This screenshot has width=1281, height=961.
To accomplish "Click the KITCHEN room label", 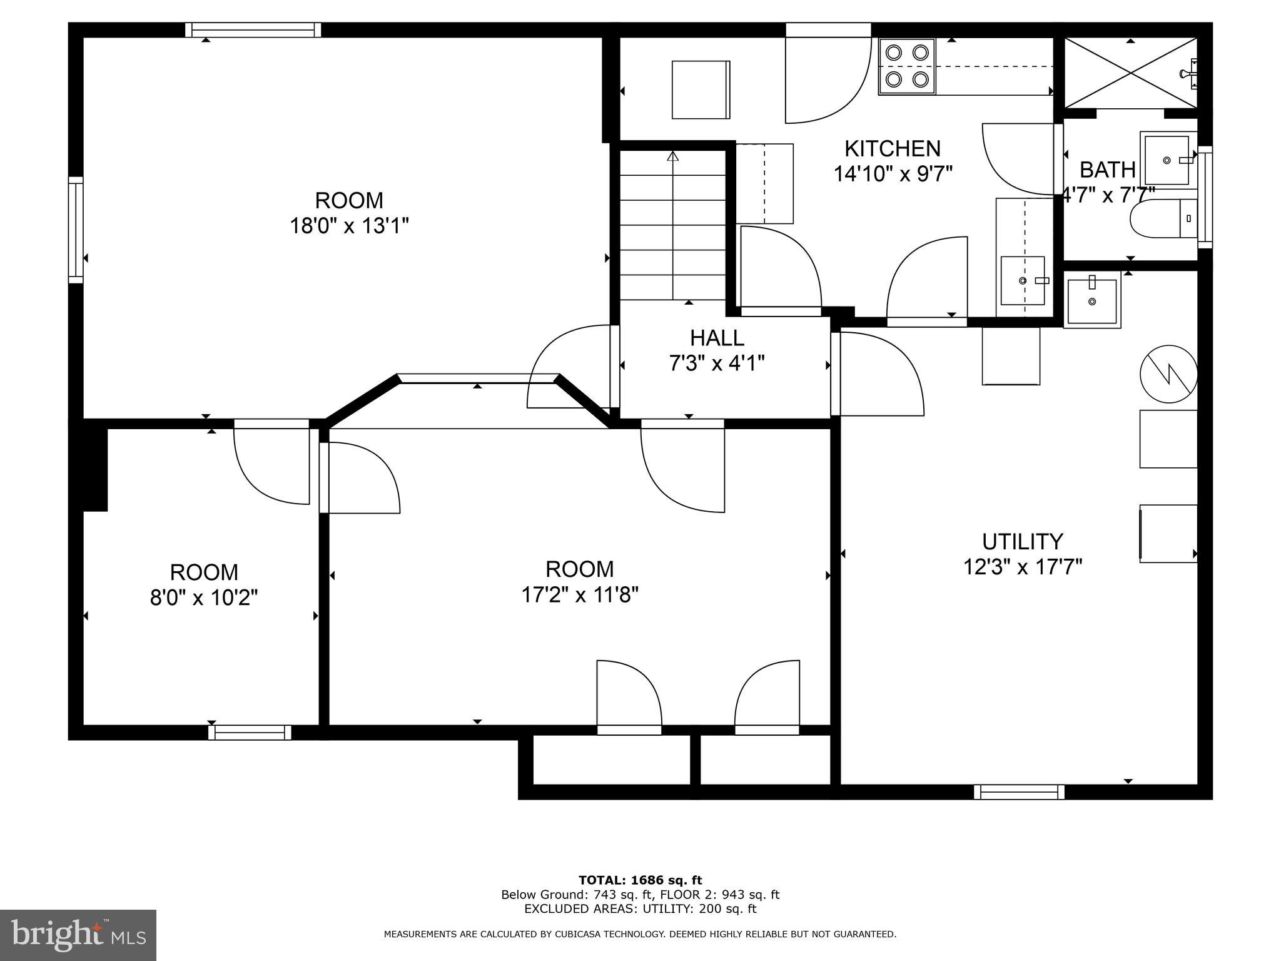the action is pyautogui.click(x=893, y=149).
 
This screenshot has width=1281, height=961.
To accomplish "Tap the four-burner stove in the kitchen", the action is pyautogui.click(x=907, y=66).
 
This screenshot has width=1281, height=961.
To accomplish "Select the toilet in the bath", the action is pyautogui.click(x=1164, y=218).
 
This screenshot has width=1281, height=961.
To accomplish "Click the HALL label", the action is pyautogui.click(x=717, y=338).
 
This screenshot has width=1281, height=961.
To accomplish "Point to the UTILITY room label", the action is pyautogui.click(x=1023, y=541).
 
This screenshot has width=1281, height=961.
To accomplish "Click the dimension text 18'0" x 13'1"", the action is pyautogui.click(x=349, y=225).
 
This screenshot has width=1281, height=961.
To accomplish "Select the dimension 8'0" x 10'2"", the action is pyautogui.click(x=204, y=597).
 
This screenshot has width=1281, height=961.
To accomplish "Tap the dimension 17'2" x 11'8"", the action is pyautogui.click(x=580, y=594).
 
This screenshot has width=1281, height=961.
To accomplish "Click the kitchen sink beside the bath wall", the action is pyautogui.click(x=1023, y=280).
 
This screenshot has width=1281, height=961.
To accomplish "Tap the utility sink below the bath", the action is pyautogui.click(x=1092, y=302).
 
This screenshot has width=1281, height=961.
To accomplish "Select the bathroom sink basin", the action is pyautogui.click(x=1167, y=160).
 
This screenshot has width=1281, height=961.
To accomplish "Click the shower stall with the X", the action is pyautogui.click(x=1130, y=73).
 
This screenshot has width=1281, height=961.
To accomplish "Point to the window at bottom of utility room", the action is pyautogui.click(x=1019, y=792).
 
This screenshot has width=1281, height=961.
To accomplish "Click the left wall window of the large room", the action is pyautogui.click(x=76, y=230).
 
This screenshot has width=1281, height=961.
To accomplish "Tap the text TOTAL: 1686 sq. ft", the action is pyautogui.click(x=640, y=880).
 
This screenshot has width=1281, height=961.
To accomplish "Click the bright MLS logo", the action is pyautogui.click(x=78, y=935).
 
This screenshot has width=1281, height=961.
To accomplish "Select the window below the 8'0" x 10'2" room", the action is pyautogui.click(x=250, y=732).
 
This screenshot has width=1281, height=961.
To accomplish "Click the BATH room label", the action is pyautogui.click(x=1108, y=170).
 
